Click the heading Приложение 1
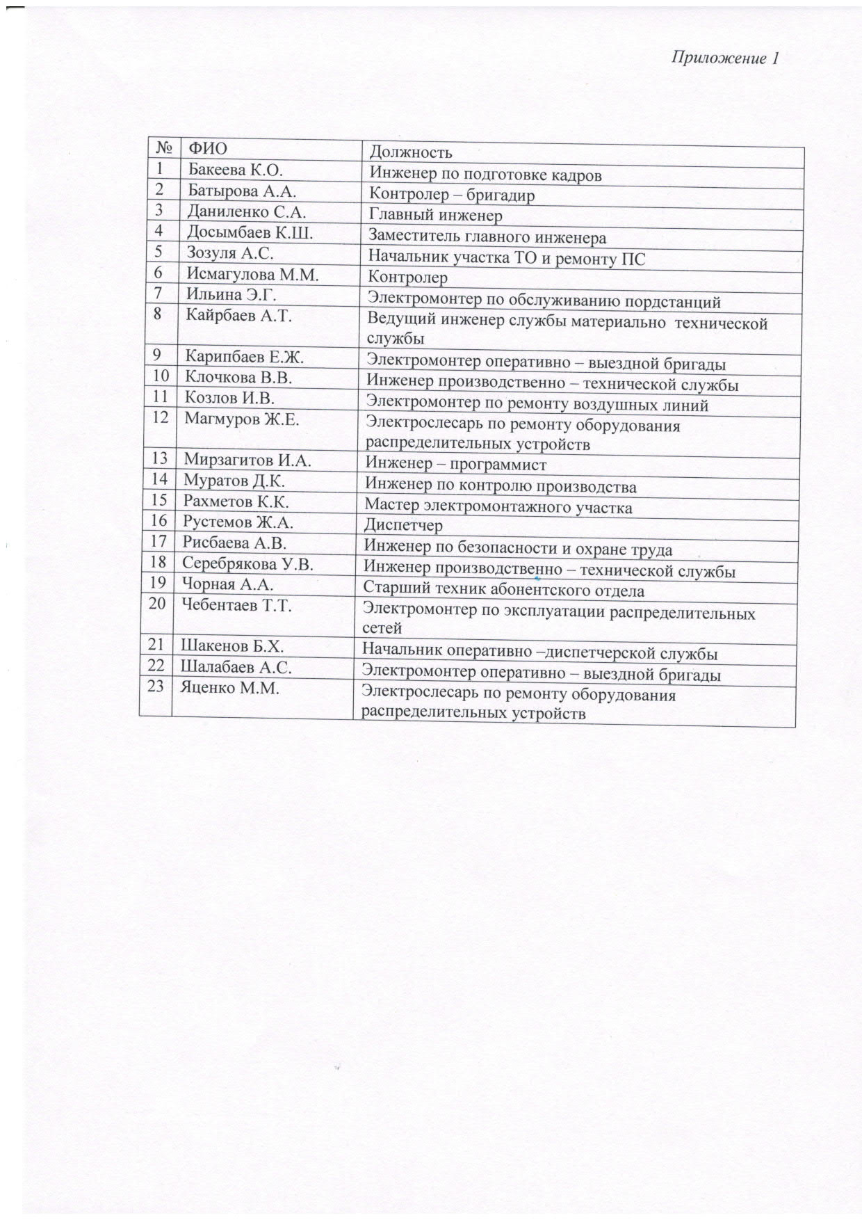pos(724,58)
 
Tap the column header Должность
pos(410,152)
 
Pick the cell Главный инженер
pos(435,216)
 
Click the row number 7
pos(158,294)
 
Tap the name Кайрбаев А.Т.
pos(238,315)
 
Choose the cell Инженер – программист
pos(456,464)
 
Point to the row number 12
pos(160,417)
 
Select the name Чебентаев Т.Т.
pos(236,605)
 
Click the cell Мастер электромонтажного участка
pos(498,507)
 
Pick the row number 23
pos(156,686)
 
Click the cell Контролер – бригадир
pos(451,195)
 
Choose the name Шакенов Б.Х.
pos(232,646)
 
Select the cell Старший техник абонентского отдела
pos(503,591)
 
